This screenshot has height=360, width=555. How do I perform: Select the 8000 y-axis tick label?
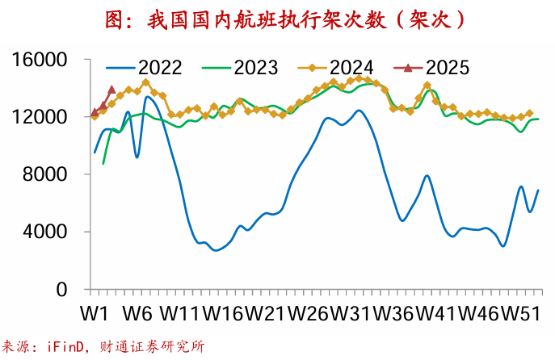48,175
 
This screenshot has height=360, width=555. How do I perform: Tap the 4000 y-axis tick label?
48,232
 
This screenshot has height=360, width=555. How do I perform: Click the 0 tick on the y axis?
70,290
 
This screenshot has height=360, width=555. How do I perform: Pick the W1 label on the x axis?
95,312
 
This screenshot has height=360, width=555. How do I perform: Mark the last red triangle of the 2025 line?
111,90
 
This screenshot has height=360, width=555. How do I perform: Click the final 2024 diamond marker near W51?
530,114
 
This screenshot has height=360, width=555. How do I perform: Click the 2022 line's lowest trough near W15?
215,250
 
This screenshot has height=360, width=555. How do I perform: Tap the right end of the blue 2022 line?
538,190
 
